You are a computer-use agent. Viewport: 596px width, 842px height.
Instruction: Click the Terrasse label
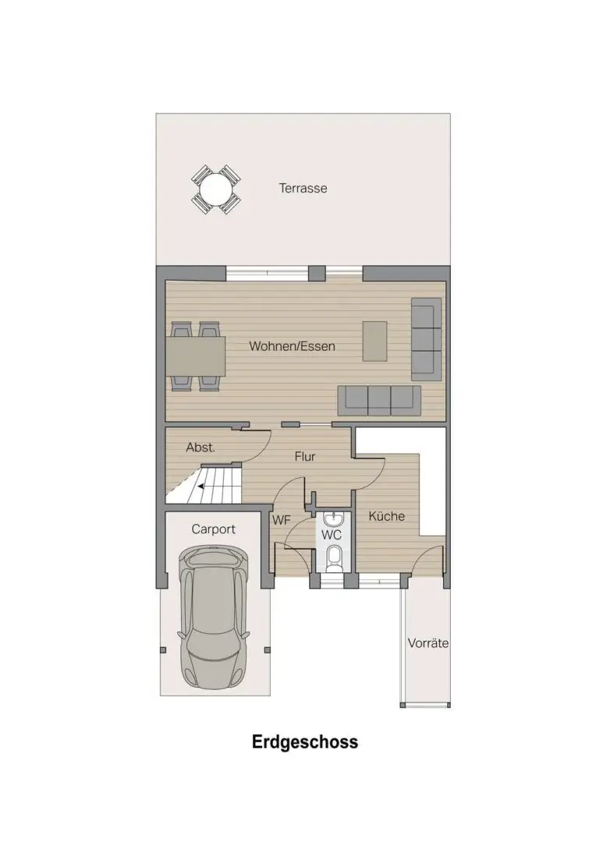coord(303,189)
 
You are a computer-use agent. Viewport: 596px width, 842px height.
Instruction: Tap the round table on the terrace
coord(215,189)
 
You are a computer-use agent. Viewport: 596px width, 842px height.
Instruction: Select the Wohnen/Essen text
coord(292,346)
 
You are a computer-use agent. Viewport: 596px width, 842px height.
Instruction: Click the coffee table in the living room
coord(374,341)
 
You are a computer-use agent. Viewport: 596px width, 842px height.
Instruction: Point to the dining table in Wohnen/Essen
coord(196,356)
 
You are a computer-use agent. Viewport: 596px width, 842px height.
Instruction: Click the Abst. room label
coord(200,448)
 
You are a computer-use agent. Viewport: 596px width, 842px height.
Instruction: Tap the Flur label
coord(305,457)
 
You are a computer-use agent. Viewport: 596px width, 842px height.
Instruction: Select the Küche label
coord(386,516)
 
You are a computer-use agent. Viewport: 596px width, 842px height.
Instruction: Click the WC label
coord(332,535)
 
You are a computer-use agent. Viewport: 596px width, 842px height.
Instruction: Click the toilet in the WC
coord(334,557)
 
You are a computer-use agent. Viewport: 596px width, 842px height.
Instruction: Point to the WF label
coord(281,520)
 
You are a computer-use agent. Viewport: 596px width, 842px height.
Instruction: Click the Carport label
coord(213,529)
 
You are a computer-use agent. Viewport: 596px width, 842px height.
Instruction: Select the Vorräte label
coord(427,643)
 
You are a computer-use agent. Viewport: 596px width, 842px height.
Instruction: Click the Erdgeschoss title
coord(305,742)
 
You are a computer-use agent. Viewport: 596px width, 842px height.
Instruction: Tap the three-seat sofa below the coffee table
coord(379,400)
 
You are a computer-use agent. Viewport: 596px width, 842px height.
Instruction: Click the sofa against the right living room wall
coord(426,339)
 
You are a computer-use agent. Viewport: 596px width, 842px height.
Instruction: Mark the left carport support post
coord(163,649)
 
